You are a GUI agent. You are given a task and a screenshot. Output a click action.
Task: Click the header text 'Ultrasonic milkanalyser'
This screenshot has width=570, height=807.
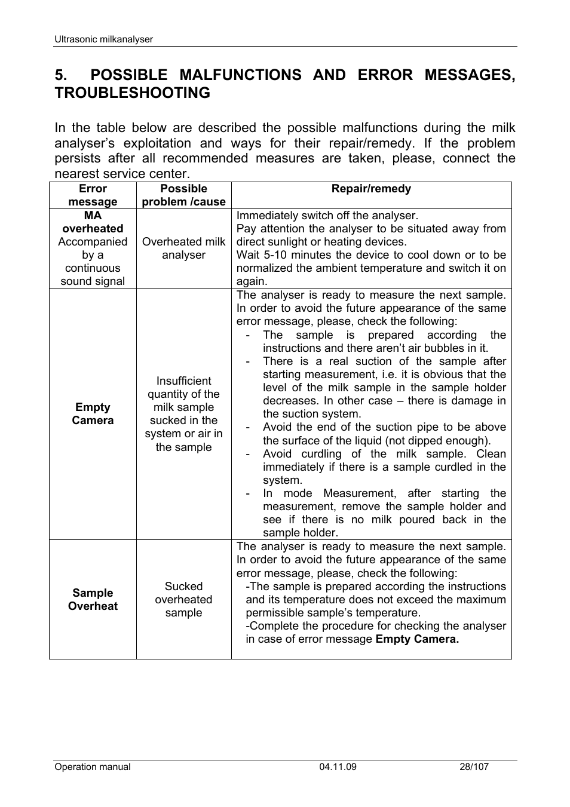[x=103, y=39]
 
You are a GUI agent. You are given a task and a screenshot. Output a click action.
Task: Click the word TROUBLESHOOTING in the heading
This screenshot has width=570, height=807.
[x=132, y=93]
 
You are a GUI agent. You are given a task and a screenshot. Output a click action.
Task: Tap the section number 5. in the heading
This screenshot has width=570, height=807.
[x=61, y=75]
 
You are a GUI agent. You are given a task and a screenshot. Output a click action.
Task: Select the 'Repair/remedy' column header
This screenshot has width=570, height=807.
[x=371, y=189]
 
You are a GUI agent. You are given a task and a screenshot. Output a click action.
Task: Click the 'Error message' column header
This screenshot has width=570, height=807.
[x=93, y=195]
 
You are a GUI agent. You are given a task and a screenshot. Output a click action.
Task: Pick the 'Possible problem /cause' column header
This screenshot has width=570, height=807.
[x=183, y=195]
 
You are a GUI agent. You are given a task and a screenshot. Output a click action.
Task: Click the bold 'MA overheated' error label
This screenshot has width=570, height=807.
[x=93, y=222]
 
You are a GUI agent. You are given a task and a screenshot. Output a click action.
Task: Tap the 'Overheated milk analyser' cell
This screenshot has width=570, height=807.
[x=183, y=248]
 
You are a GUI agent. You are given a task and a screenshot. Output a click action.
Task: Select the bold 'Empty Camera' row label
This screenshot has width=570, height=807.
[x=93, y=414]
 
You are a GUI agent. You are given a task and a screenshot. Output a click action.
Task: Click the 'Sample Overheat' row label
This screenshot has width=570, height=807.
[x=93, y=599]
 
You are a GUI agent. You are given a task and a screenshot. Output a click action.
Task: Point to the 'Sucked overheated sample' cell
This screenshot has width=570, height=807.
[x=183, y=599]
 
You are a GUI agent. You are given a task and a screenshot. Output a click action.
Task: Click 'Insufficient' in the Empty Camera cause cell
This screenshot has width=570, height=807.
[x=183, y=381]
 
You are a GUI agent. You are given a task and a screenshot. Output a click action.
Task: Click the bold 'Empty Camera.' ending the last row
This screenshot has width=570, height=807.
[x=417, y=639]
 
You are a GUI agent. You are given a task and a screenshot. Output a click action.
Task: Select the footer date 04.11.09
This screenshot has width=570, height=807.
[x=338, y=767]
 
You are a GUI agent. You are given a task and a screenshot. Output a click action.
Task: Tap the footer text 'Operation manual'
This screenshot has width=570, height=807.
[x=93, y=767]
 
